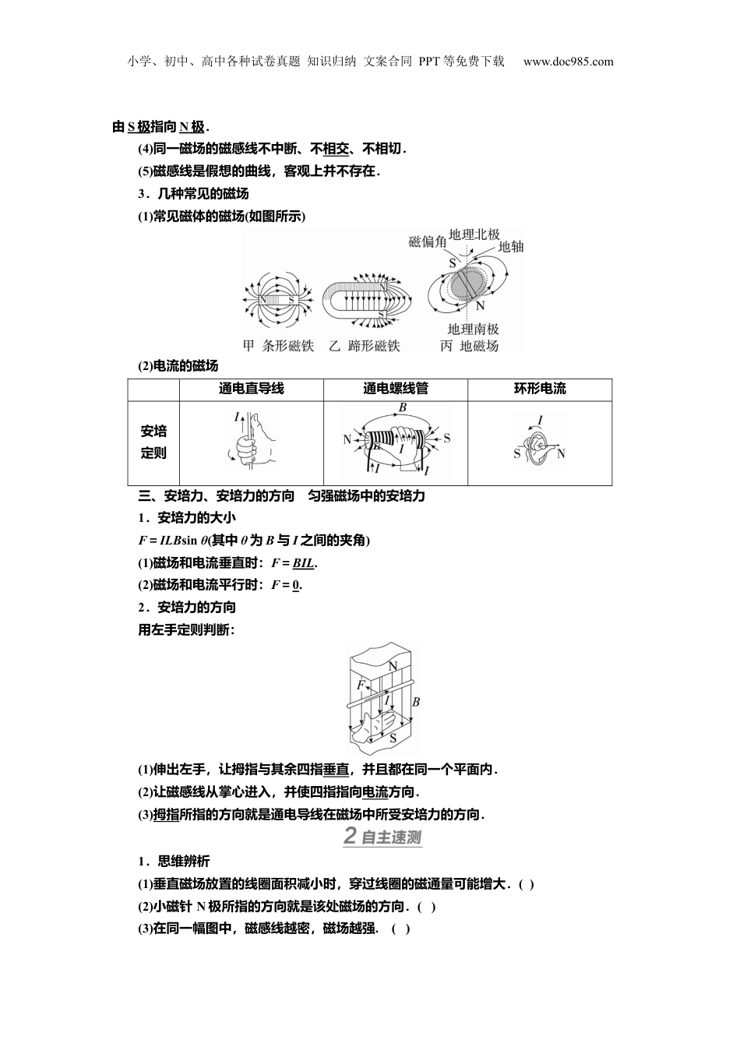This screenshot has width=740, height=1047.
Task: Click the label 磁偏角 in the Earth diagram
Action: [x=427, y=242]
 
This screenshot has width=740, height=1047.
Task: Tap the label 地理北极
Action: [x=474, y=233]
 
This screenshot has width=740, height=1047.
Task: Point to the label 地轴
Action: [x=511, y=246]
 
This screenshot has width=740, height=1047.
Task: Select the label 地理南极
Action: [x=473, y=330]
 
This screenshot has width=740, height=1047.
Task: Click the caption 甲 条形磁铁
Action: [x=278, y=346]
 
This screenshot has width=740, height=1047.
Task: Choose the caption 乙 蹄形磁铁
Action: [x=364, y=346]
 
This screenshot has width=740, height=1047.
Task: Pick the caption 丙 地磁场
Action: [x=469, y=346]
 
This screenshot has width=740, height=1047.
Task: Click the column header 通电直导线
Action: [x=252, y=389]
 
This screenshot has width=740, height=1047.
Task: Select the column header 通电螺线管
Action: [x=395, y=389]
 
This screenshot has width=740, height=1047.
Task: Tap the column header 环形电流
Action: [x=540, y=389]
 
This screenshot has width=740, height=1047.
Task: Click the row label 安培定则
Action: [x=153, y=442]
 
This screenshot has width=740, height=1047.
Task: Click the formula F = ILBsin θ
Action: [x=172, y=541]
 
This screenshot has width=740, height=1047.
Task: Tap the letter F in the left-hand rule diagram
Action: [x=361, y=686]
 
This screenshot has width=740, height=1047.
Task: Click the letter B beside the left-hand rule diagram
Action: [x=416, y=702]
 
